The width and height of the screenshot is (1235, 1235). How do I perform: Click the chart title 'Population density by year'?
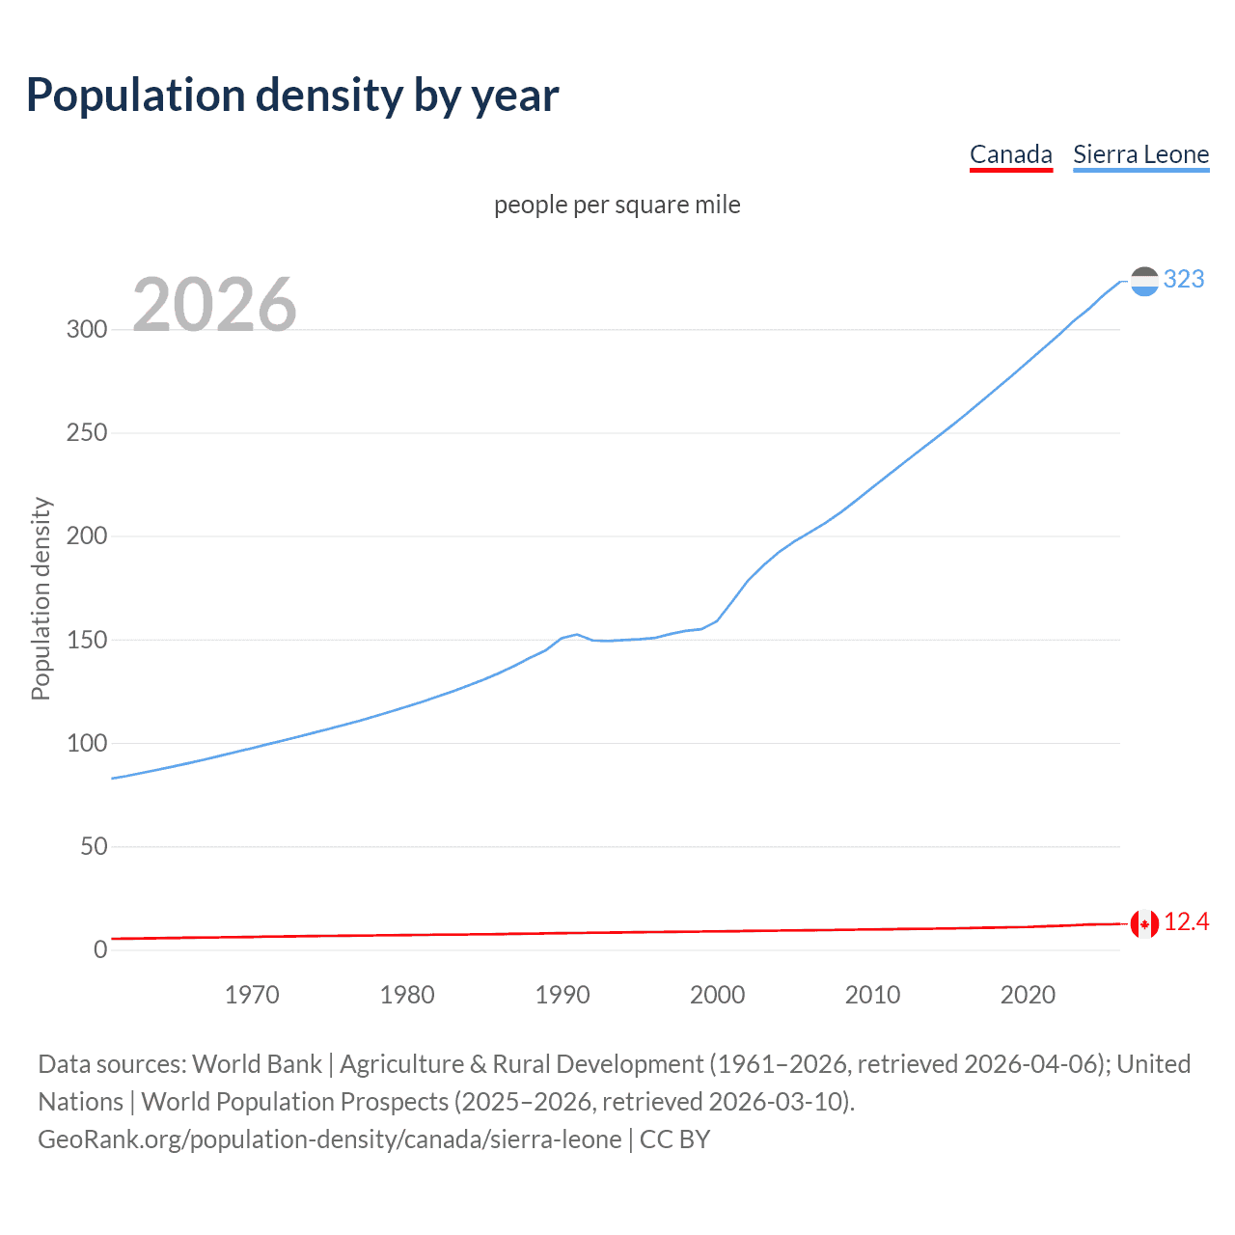coord(292,96)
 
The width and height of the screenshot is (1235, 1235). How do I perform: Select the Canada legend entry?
coord(1010,154)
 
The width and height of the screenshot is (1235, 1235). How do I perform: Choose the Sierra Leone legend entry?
coord(1140,154)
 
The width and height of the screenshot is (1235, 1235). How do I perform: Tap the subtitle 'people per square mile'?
coord(617,205)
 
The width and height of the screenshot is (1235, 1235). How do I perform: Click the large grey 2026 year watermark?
coord(214,305)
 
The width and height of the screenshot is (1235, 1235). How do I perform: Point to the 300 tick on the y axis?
coord(87,329)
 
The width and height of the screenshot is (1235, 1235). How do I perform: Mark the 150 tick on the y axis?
coord(87,640)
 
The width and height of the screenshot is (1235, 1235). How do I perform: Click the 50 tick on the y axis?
coord(94,846)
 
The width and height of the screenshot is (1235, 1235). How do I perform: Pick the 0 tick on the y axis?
coord(100,949)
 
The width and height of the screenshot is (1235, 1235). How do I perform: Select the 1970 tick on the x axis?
coord(252,995)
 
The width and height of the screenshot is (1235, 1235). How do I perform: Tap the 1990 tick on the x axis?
coord(563,995)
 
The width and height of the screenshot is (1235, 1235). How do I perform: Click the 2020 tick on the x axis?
coord(1028,995)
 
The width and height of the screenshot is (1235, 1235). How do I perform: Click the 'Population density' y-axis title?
coord(41,598)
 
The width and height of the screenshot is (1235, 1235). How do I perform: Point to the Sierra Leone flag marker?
coord(1144,281)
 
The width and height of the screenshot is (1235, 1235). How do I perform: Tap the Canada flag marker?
coord(1144,923)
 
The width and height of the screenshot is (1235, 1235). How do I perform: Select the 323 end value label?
coord(1184,279)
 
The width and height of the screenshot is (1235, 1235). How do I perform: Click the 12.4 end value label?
coord(1186,922)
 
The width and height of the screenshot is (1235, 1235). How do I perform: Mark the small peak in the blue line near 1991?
coord(577,634)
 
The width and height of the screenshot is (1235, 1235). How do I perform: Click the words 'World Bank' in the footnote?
coord(257,1063)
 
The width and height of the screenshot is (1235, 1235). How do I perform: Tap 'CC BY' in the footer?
coord(674,1139)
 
